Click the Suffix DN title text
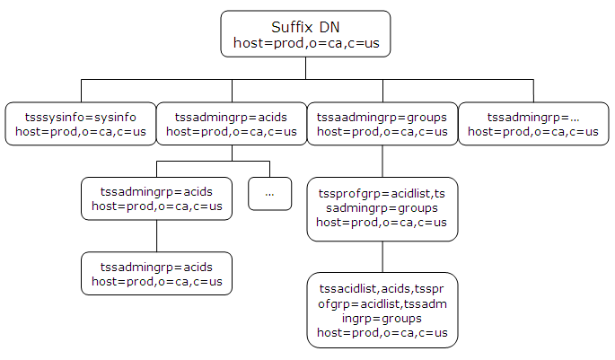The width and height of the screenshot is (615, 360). click(306, 26)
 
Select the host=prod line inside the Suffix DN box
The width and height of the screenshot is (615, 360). click(306, 42)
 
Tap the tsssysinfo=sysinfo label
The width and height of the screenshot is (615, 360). click(81, 117)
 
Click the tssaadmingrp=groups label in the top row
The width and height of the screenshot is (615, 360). click(382, 117)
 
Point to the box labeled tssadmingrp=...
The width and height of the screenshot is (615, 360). click(533, 124)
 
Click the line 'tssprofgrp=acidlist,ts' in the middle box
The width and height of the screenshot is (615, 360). click(382, 194)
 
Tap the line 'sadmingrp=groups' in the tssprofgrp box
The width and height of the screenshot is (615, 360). click(382, 208)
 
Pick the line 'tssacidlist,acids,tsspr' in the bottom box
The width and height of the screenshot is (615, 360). click(382, 288)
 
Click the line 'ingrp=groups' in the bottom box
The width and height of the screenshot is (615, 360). click(382, 318)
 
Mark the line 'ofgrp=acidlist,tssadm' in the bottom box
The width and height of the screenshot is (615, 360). click(382, 303)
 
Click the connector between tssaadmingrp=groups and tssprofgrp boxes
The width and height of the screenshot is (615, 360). click(382, 161)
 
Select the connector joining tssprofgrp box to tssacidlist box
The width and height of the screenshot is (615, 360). click(382, 257)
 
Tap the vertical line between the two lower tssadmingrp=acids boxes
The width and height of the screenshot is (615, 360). click(157, 236)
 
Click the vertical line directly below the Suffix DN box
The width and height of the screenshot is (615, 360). click(306, 68)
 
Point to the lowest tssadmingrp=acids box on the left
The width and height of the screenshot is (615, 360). click(157, 274)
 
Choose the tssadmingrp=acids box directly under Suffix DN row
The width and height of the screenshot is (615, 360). click(232, 124)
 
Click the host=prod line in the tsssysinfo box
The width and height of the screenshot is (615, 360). click(81, 132)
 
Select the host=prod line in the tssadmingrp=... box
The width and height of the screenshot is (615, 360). click(533, 132)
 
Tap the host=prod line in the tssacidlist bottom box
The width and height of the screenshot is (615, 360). click(382, 333)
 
